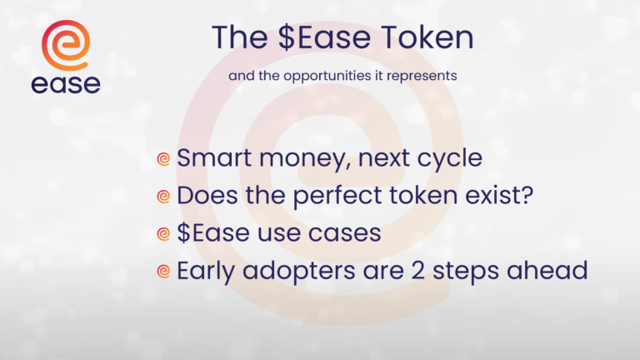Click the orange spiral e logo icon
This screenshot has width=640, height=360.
(66, 45)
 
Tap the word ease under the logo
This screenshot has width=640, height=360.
(66, 84)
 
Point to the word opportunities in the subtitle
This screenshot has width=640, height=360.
(327, 77)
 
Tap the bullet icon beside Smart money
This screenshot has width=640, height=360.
(163, 159)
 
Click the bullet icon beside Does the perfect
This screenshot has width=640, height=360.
(163, 197)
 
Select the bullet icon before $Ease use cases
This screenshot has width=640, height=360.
(163, 234)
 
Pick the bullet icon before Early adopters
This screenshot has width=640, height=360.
(163, 272)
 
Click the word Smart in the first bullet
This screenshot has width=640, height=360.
(214, 157)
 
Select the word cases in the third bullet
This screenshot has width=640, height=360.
(344, 233)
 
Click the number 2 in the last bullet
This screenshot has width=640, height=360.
(417, 271)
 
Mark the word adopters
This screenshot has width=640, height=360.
(299, 272)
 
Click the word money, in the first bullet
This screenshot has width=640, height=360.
(305, 159)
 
